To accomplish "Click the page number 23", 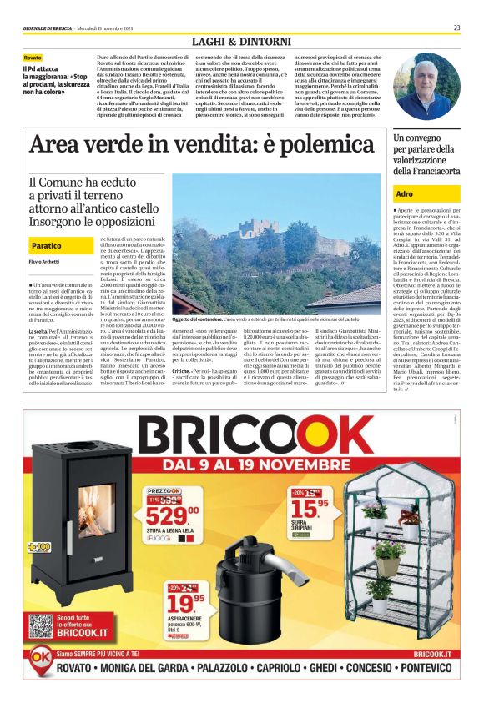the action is click(457, 28).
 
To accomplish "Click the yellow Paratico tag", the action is click(46, 247).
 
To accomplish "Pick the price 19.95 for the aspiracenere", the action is click(188, 600).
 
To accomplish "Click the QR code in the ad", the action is click(41, 626).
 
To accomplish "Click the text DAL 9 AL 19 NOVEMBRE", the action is click(262, 465).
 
